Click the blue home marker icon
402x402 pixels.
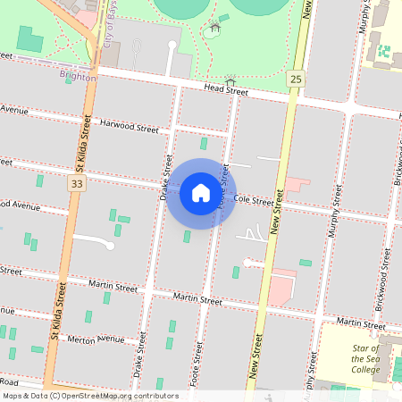pos(201,192)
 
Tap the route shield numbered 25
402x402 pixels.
pos(296,80)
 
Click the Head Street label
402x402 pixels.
pos(225,89)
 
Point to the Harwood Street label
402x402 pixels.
pos(129,127)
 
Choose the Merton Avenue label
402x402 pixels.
pos(96,339)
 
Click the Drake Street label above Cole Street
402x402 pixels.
pos(166,171)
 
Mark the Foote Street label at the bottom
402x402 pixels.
pos(195,370)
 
